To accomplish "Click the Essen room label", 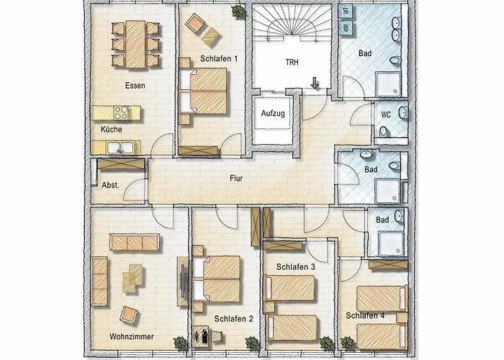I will coord(135,86).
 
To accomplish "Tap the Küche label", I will coord(112,130).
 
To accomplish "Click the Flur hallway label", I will coord(235,178).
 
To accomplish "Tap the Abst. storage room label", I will coord(100,184).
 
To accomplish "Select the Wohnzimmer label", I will coord(130,336).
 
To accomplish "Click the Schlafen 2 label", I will coord(234,318).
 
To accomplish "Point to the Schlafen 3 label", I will coord(296,266).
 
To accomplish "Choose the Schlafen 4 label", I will coord(365,315).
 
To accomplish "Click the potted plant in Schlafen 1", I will coord(237,10).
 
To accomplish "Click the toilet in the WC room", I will coord(384,130).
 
